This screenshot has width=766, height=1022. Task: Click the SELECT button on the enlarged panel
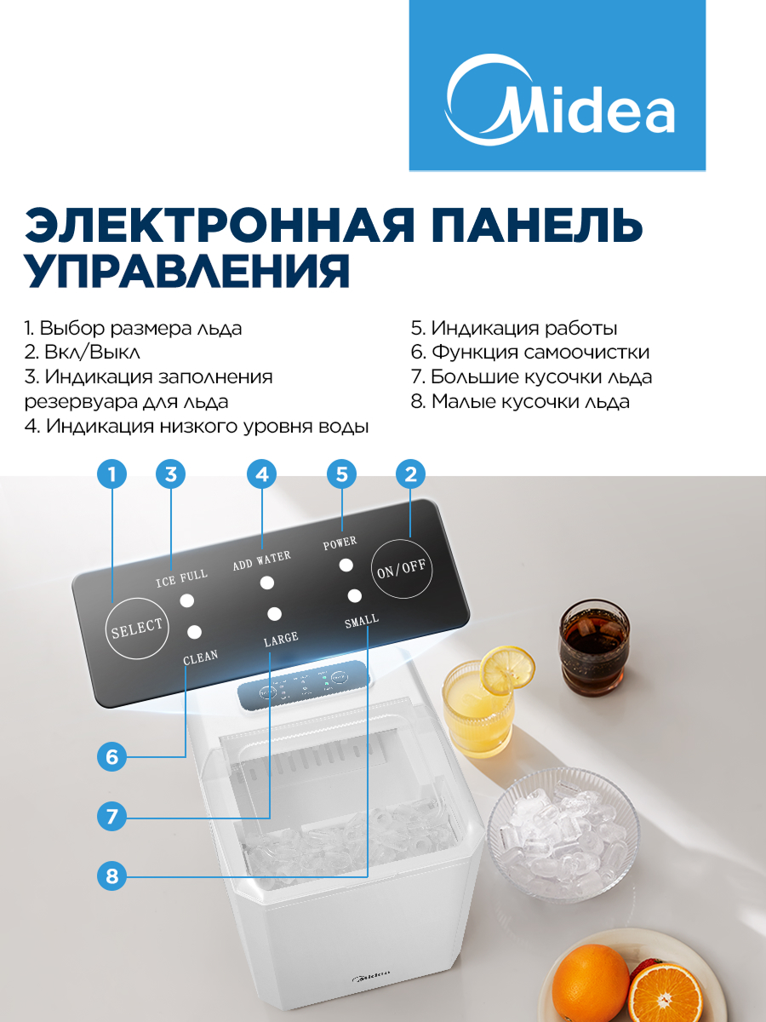tap(137, 628)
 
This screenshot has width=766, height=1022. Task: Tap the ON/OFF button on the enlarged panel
tap(402, 568)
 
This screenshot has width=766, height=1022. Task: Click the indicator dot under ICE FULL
tap(187, 600)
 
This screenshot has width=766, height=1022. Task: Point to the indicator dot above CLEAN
tap(194, 632)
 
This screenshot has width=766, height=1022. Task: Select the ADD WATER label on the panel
tap(262, 560)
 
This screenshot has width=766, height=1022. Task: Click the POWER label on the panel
tap(340, 543)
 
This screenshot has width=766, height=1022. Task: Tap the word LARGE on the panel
tap(281, 640)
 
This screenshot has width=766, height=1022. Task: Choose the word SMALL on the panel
tap(362, 621)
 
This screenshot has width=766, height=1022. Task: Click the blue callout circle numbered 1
tap(111, 474)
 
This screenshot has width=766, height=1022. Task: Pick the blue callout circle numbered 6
tap(111, 756)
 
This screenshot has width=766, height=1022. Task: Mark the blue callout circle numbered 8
tap(111, 876)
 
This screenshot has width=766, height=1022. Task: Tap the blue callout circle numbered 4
tap(262, 474)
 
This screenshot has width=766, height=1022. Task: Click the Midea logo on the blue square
tap(558, 100)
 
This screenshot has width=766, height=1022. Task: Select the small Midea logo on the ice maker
tap(371, 975)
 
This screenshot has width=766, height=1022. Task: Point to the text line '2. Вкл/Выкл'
tap(83, 352)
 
